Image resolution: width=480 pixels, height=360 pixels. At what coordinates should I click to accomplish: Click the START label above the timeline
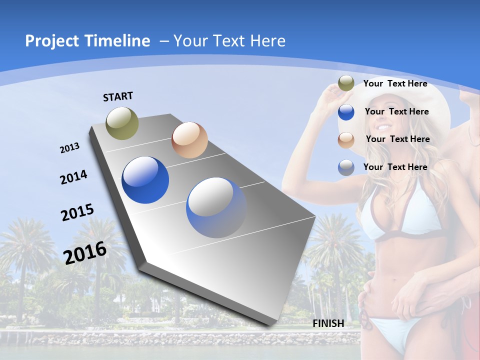118,96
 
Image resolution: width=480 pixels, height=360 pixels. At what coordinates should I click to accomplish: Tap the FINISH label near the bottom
328,323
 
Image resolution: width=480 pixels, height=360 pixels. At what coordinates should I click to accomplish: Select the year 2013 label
70,148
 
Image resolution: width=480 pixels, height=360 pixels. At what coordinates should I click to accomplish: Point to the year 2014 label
73,177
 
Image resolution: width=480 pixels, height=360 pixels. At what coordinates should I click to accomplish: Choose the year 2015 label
77,212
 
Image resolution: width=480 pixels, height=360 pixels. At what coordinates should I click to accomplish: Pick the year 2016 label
85,252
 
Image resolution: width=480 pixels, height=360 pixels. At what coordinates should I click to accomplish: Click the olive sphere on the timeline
122,123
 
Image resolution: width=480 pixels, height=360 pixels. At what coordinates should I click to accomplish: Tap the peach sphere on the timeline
189,140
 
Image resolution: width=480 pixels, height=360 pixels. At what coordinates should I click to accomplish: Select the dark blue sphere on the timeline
145,180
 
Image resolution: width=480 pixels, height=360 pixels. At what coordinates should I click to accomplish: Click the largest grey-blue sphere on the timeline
216,207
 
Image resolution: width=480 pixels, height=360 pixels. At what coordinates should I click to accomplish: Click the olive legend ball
346,83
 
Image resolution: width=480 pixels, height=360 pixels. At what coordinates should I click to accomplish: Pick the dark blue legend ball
346,112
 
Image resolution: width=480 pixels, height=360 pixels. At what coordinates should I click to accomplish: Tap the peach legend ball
346,140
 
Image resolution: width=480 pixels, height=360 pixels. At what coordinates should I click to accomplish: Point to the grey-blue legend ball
346,167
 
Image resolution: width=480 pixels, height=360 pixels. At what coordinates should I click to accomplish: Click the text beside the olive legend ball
395,84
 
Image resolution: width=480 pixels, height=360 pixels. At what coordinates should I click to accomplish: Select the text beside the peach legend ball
397,139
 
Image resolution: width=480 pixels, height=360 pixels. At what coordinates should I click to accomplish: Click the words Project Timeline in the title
87,41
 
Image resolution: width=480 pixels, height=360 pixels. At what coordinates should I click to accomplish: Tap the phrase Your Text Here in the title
229,41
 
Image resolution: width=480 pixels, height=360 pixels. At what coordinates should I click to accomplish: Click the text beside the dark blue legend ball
396,111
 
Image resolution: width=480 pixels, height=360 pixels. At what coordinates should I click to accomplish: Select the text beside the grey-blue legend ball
395,167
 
